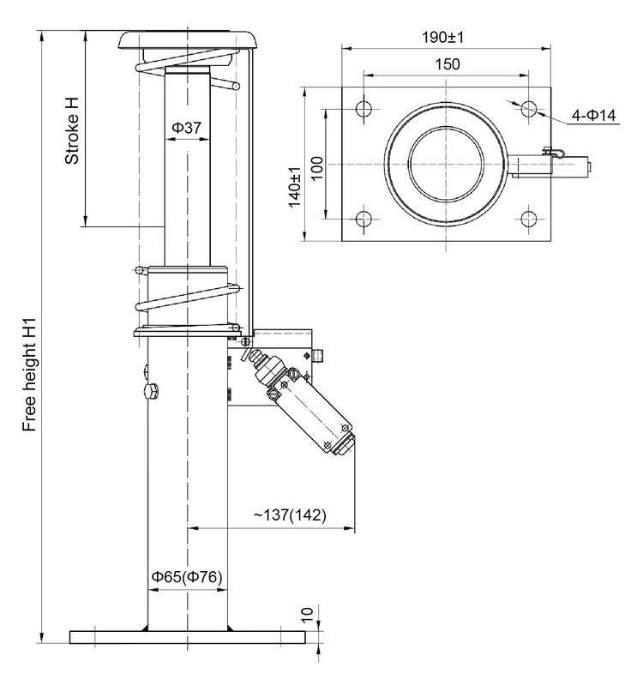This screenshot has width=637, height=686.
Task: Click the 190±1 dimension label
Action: coord(444,38)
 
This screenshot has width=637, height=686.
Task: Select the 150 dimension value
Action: coord(445,64)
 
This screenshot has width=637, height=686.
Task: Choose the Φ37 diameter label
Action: coord(186,128)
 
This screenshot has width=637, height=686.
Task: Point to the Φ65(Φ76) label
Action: coord(187,577)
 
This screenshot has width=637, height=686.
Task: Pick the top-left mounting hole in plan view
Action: coord(361,109)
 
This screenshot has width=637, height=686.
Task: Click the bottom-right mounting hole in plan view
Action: coord(528,217)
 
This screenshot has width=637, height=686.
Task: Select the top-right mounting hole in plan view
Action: coord(528,109)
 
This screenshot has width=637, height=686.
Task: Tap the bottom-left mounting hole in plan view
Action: coord(361,217)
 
